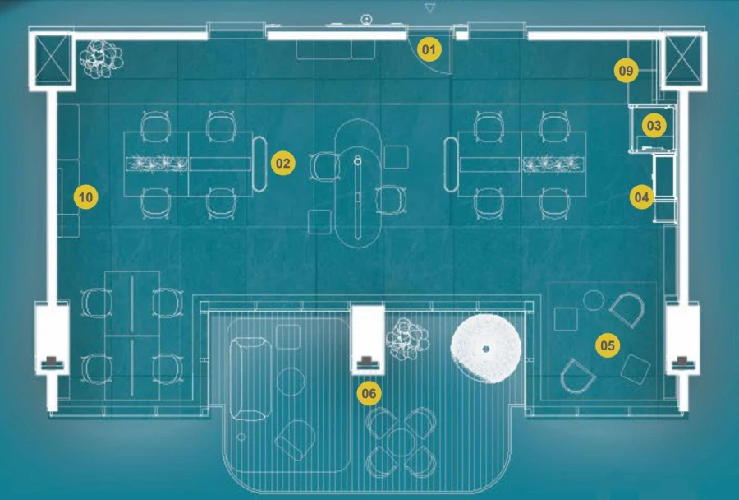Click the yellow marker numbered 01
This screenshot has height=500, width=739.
(x=427, y=49)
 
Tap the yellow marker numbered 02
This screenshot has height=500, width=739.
(x=283, y=164)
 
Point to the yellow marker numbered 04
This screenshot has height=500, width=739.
(x=640, y=197)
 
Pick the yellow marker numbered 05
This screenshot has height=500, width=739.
(x=607, y=345)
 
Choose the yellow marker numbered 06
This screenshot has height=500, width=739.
(x=369, y=394)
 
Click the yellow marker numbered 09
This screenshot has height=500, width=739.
(x=627, y=72)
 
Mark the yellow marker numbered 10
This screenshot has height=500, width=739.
(x=85, y=197)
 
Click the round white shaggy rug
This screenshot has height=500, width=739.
(x=485, y=348)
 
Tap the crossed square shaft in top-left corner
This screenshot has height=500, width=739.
(x=53, y=59)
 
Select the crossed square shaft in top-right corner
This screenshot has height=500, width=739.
(x=685, y=59)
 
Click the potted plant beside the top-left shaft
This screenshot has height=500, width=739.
(x=101, y=58)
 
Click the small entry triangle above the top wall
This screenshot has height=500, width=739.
(x=429, y=7)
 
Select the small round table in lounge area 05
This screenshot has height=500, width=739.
(x=594, y=299)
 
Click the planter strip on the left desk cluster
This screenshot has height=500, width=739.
(x=157, y=164)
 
